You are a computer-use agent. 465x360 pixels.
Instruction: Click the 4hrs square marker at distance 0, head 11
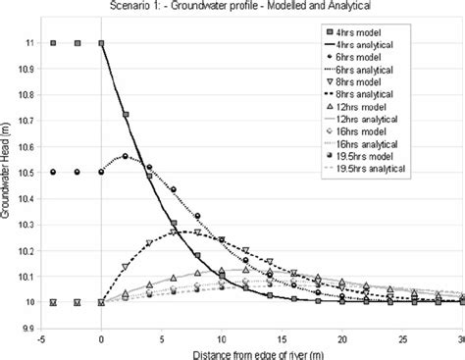click(x=101, y=43)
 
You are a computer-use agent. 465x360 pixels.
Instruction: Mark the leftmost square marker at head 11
click(x=53, y=43)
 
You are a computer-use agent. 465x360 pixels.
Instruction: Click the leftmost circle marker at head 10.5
click(x=53, y=172)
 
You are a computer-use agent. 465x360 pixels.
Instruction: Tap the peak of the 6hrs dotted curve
click(x=125, y=156)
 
